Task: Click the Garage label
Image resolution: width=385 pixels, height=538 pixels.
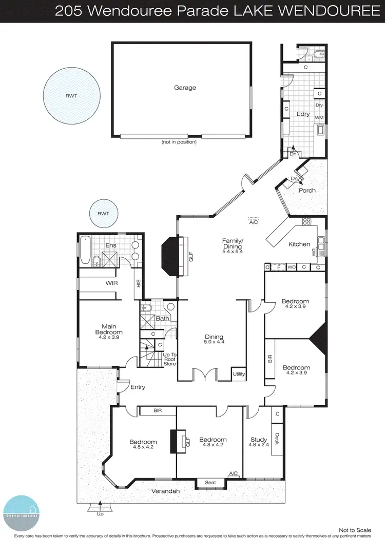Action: pos(185,88)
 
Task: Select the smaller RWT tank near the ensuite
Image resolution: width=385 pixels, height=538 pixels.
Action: pos(103,213)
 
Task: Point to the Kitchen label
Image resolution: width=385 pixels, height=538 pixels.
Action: pos(299,244)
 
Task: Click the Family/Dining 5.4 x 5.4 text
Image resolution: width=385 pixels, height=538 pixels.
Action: pos(232,246)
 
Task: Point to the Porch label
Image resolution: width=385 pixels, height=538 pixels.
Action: pos(307,190)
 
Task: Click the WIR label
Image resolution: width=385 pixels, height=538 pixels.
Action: pos(112,282)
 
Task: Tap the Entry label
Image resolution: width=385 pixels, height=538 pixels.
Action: pos(138,387)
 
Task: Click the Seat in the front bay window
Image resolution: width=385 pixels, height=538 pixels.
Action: pos(210,483)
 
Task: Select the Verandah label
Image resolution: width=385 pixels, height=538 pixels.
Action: pos(166,491)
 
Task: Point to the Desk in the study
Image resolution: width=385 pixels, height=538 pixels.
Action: pos(277,439)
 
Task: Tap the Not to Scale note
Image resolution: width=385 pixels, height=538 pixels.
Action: pos(355,530)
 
